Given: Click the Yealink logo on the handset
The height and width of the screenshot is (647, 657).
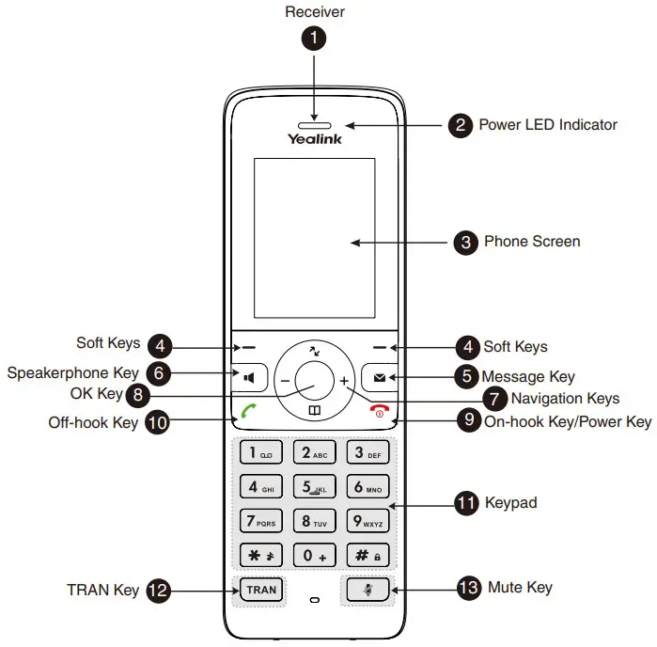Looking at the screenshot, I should click(x=314, y=139).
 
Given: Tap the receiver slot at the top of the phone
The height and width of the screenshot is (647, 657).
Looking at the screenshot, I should click(x=315, y=123).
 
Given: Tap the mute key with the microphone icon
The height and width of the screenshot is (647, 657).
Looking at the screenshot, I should click(x=367, y=590).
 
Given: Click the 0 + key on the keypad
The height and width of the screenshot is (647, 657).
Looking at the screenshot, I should click(x=314, y=555).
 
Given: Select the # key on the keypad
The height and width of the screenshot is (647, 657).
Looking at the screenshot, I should click(x=367, y=555).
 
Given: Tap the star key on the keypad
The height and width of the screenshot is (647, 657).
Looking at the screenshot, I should click(x=261, y=555).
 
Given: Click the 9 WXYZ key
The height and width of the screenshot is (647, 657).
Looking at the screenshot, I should click(x=367, y=520).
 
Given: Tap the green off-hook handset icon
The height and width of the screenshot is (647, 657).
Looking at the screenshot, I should click(x=248, y=411).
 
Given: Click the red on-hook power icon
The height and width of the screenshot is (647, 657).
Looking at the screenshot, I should click(x=380, y=412).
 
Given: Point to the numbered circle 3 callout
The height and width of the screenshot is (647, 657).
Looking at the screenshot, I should click(x=464, y=243).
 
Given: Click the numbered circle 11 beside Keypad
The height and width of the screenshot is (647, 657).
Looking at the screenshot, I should click(x=466, y=503).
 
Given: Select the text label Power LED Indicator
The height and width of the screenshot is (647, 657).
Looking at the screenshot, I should click(x=547, y=125).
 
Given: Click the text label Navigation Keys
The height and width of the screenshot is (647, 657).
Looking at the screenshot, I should click(x=564, y=398).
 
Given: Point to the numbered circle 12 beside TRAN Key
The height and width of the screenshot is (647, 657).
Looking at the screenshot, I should click(x=159, y=591).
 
